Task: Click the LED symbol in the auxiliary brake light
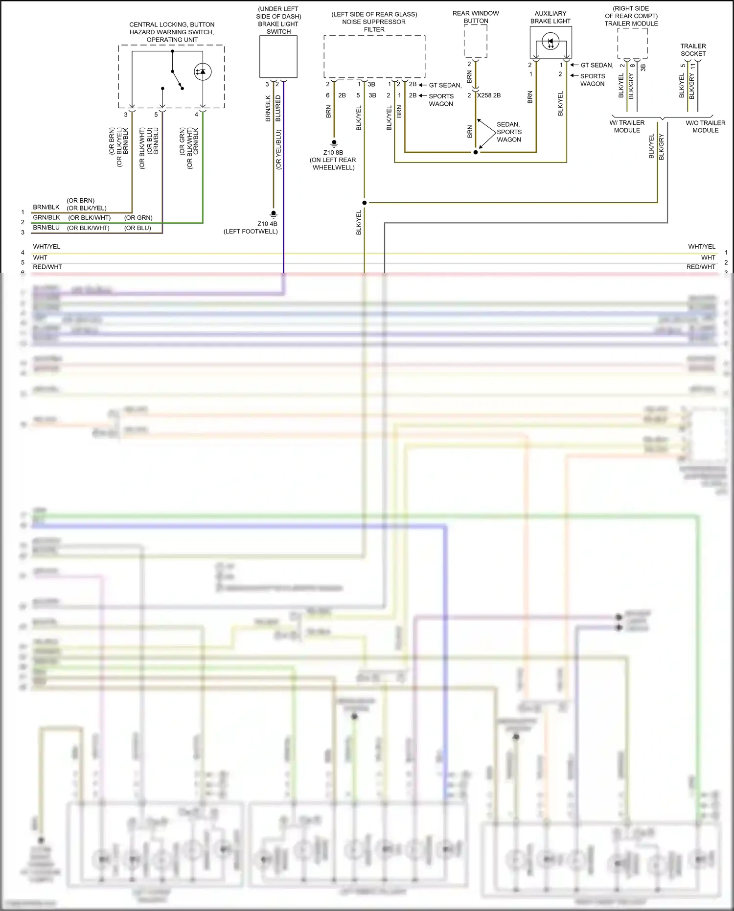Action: [x=550, y=42]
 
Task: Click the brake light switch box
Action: [x=278, y=56]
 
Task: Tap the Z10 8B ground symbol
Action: [x=334, y=143]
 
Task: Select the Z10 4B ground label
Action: [x=267, y=224]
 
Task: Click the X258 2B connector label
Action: [x=489, y=95]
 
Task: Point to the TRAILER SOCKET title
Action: [x=693, y=50]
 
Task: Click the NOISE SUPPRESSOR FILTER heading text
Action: [x=374, y=22]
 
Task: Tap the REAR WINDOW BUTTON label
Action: [x=476, y=17]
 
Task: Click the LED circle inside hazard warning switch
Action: [x=203, y=72]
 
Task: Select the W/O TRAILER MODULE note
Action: [x=705, y=126]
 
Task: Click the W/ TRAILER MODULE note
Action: [x=627, y=126]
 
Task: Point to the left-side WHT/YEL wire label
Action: [x=46, y=247]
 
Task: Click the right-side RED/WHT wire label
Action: [x=701, y=267]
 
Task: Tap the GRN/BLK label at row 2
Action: [x=46, y=217]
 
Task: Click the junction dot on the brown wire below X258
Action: [x=476, y=152]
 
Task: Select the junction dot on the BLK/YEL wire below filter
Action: [x=365, y=203]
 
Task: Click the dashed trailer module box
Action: [x=632, y=43]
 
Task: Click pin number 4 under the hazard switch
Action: [x=196, y=115]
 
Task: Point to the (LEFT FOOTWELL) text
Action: [x=251, y=232]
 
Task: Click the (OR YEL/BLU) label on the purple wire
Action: [x=278, y=149]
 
